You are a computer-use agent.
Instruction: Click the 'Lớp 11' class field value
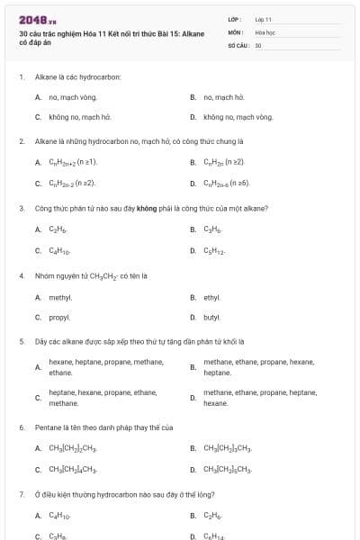coord(263,19)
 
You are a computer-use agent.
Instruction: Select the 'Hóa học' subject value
coord(264,31)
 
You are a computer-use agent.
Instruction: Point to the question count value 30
coord(258,44)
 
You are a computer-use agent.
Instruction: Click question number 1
coord(21,76)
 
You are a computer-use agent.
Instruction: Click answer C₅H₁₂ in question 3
coord(213,250)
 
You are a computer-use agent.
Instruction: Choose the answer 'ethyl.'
coord(212,297)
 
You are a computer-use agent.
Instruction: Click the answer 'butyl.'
coord(212,318)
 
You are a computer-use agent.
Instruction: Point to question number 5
coord(21,342)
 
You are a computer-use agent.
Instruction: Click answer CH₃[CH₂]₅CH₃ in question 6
coord(228,469)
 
